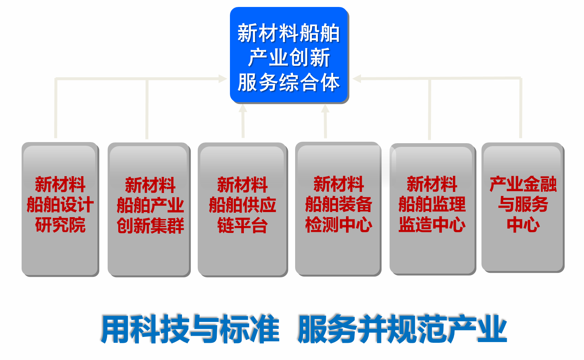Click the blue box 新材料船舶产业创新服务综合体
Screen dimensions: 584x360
click(x=289, y=55)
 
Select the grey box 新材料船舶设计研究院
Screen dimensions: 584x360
click(x=60, y=209)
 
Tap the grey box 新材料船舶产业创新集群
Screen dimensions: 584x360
click(x=149, y=209)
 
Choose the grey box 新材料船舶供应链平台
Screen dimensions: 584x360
click(x=243, y=209)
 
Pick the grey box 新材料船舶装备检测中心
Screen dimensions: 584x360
click(x=338, y=209)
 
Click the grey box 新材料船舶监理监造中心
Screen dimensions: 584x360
click(x=432, y=209)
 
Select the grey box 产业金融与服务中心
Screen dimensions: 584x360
click(x=523, y=208)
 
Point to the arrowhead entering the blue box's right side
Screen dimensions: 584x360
click(x=357, y=78)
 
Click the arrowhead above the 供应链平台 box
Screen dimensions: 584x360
click(x=243, y=108)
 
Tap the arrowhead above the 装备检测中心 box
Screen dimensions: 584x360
click(x=325, y=108)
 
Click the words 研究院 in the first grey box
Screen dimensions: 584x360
click(x=60, y=225)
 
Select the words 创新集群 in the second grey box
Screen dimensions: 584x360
click(x=150, y=226)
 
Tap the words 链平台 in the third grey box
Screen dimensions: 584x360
click(x=242, y=225)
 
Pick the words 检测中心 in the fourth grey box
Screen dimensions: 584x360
click(x=339, y=225)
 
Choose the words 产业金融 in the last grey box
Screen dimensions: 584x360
click(x=523, y=184)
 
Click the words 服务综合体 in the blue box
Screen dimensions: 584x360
click(x=289, y=82)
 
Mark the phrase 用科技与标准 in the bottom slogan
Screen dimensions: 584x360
click(x=190, y=329)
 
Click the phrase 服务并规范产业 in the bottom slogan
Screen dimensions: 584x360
click(x=402, y=329)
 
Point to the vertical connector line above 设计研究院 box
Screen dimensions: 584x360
click(x=56, y=108)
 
